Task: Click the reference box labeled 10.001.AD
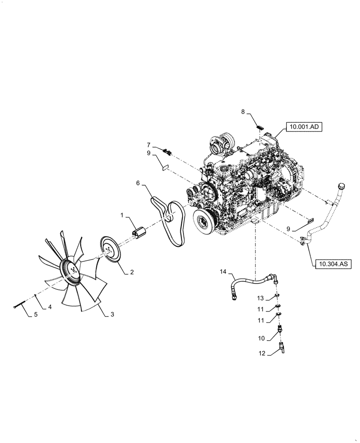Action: [x=305, y=126]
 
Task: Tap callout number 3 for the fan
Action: [x=112, y=314]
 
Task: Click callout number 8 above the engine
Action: [x=243, y=112]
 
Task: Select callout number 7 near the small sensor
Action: [x=149, y=144]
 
